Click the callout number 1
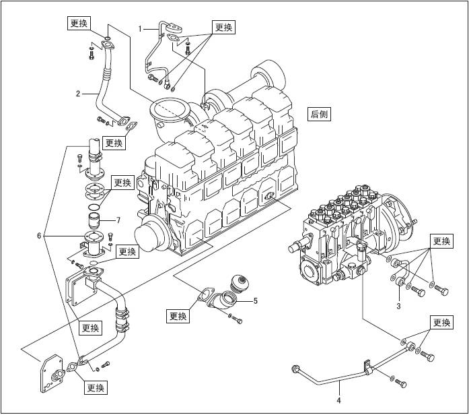(x=141, y=28)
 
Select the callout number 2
(x=78, y=93)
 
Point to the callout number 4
(x=339, y=402)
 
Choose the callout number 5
(x=256, y=300)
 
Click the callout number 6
(x=40, y=236)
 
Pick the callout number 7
(x=118, y=220)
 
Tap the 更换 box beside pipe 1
(x=223, y=27)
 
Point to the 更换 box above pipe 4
(x=441, y=322)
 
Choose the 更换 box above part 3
(x=441, y=241)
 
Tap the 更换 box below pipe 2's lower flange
(x=114, y=143)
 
